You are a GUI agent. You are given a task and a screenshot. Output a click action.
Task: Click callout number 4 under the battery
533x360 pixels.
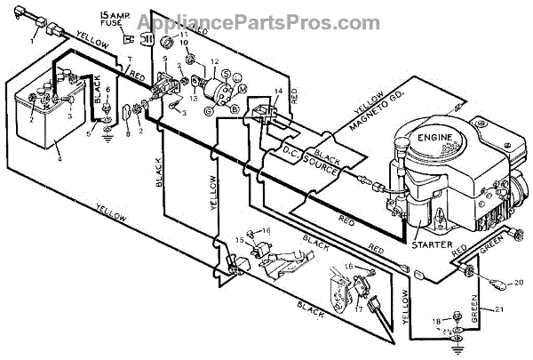click(60, 161)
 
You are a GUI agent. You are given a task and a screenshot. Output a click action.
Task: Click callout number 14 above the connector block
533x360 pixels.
click(278, 92)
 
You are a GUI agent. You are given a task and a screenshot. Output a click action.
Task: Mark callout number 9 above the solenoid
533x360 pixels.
click(163, 59)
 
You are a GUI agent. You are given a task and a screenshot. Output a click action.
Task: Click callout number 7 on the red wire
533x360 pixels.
click(129, 59)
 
